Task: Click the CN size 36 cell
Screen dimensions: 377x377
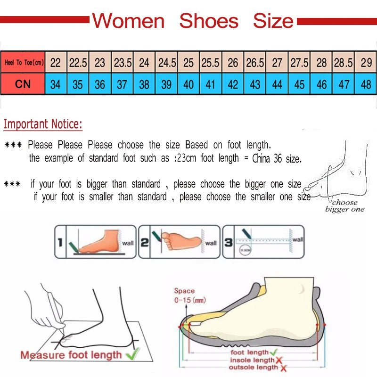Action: [100, 85]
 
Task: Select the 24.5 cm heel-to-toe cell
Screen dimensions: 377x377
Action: [167, 62]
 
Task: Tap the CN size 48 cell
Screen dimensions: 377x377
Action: [366, 85]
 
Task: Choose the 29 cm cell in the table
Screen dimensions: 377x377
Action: [366, 62]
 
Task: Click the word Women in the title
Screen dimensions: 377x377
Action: [128, 21]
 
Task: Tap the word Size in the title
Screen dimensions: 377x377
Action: [273, 21]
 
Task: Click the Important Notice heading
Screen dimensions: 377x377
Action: [43, 125]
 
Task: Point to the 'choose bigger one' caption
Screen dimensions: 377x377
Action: [344, 206]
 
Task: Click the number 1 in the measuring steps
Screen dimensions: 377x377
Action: [60, 243]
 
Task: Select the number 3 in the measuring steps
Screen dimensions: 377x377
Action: [228, 243]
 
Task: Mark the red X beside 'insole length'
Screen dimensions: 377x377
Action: [279, 360]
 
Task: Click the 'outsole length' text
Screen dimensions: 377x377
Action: [253, 368]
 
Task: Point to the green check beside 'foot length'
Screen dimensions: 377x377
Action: [274, 352]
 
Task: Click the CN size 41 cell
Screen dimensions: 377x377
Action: [211, 85]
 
